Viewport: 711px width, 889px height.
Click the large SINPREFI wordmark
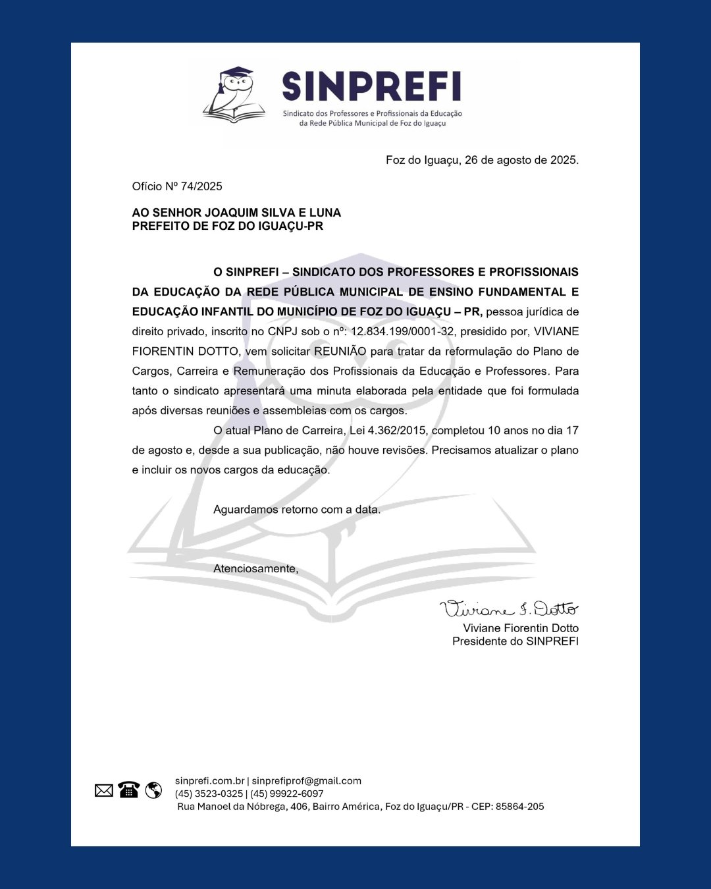pos(371,86)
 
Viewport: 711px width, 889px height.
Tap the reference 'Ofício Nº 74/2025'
pos(177,186)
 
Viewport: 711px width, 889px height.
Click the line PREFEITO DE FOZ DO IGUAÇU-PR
pos(227,226)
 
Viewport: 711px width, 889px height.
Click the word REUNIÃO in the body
pos(340,351)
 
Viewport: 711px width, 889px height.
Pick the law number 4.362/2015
pos(398,430)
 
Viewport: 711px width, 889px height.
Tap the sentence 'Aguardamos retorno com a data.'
pos(297,509)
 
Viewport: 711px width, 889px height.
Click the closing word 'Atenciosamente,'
pos(255,568)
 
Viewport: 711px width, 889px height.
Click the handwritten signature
pos(508,608)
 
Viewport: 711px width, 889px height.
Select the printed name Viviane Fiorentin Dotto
pos(520,628)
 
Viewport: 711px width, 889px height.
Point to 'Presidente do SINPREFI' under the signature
pos(515,641)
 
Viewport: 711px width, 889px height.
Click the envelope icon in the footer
pos(104,790)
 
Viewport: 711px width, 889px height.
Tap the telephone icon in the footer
pos(128,790)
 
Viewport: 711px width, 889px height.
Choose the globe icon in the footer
pos(153,790)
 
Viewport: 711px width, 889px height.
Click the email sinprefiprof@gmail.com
pos(306,781)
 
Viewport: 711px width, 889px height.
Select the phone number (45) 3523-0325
pos(209,794)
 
